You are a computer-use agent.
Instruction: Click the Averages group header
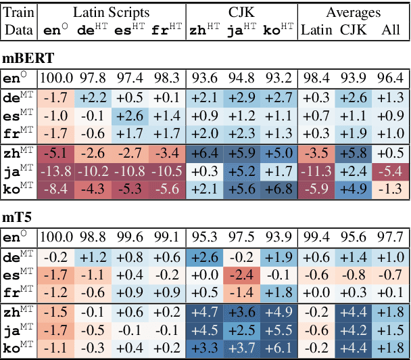[353, 12]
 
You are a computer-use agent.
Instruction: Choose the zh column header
[202, 29]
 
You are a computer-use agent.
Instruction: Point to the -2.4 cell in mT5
[240, 275]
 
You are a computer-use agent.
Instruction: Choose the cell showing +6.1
[278, 348]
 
